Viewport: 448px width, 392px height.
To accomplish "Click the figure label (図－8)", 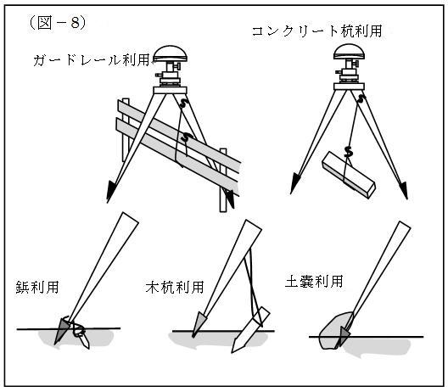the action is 57,23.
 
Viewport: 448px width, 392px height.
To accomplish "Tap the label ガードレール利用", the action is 92,60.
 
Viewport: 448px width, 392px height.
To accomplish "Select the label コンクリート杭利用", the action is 316,31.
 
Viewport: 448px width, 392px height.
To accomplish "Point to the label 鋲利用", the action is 37,287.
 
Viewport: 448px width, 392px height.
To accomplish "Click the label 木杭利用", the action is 175,287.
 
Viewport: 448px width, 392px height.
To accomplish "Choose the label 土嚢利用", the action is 314,281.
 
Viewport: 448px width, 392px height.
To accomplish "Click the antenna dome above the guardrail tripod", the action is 171,54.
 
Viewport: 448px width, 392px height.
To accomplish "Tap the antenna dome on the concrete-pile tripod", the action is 350,52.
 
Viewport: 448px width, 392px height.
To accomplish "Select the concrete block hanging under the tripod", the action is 349,175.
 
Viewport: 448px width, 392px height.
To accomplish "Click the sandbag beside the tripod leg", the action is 334,331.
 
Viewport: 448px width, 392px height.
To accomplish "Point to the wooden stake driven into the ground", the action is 250,329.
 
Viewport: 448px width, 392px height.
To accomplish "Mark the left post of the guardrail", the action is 126,130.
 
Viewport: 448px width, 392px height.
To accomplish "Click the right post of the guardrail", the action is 223,180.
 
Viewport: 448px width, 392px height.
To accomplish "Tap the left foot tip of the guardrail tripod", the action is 108,203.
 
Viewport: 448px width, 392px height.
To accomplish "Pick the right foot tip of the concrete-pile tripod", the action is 407,199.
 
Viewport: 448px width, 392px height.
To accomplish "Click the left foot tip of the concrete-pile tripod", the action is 291,193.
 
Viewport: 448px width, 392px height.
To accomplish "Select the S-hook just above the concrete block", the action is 348,152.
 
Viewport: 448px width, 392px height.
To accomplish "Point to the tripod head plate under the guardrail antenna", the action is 170,90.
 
